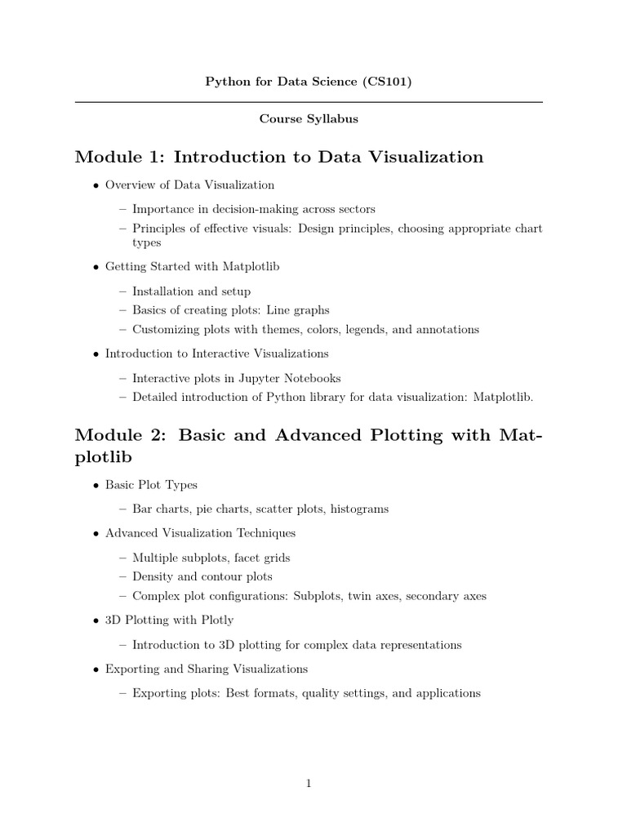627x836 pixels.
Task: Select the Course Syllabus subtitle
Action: click(309, 119)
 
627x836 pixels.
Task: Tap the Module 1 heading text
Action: click(279, 157)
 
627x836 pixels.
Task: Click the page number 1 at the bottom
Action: click(309, 784)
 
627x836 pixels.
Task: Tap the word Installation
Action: click(161, 291)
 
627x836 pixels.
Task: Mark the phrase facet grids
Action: click(262, 558)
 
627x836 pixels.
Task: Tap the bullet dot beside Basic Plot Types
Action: click(96, 486)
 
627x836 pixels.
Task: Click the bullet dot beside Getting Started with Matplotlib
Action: click(96, 267)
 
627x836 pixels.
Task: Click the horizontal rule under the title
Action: click(309, 102)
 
